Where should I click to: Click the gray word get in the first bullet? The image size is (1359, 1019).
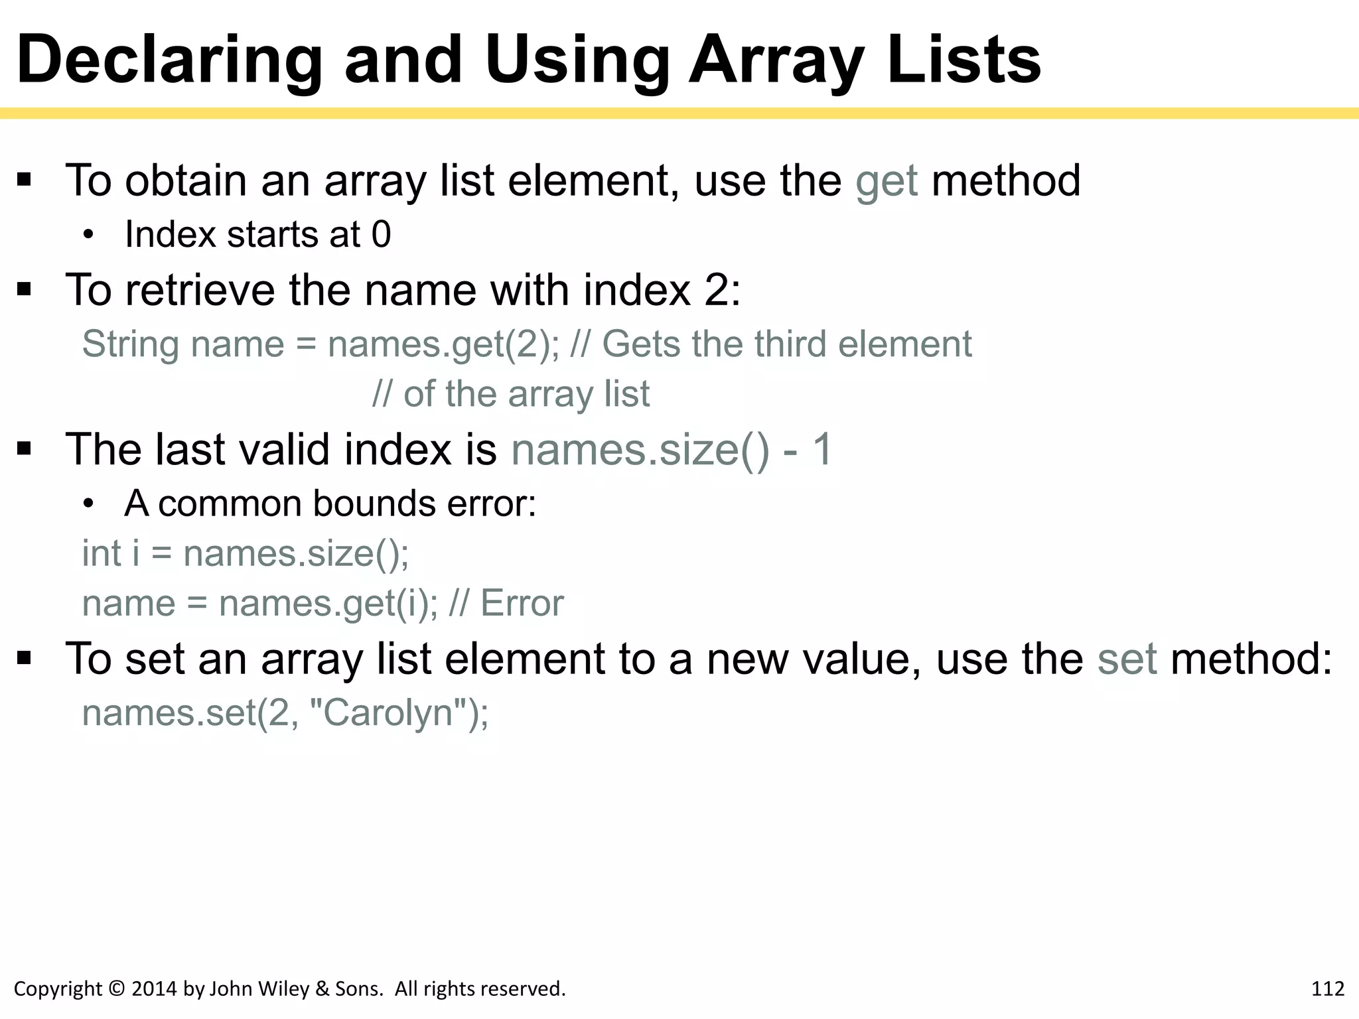(887, 181)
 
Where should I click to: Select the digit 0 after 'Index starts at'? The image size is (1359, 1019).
(381, 235)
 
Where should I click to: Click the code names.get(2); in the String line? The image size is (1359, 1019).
(443, 345)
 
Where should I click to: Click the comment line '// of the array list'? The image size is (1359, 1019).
(511, 394)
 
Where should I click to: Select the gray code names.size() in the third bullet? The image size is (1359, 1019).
(640, 450)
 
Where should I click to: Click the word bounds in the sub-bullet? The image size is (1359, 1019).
(374, 504)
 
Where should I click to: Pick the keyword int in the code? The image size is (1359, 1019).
(102, 553)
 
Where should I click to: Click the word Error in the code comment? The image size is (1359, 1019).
(522, 604)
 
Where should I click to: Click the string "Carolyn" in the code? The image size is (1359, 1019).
(388, 713)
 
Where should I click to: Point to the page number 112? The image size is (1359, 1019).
(1328, 989)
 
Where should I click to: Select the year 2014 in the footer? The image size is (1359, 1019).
(154, 989)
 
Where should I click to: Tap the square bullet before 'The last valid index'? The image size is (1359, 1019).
(25, 450)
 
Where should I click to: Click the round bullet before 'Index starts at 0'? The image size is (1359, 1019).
(89, 236)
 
